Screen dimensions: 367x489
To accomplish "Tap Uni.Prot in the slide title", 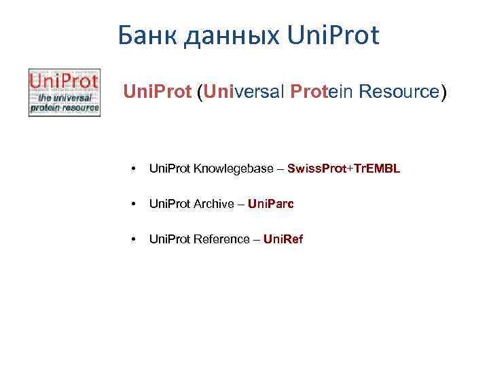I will [x=333, y=36].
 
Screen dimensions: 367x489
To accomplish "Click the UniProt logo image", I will [x=64, y=92].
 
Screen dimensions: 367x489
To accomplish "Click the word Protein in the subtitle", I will [x=317, y=92].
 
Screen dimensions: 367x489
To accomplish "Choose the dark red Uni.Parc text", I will [x=271, y=203].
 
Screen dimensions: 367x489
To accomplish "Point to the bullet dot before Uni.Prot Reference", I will [x=134, y=239].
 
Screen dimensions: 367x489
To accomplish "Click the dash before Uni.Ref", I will [x=256, y=239].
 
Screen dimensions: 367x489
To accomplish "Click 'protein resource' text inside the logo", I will [x=64, y=107].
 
